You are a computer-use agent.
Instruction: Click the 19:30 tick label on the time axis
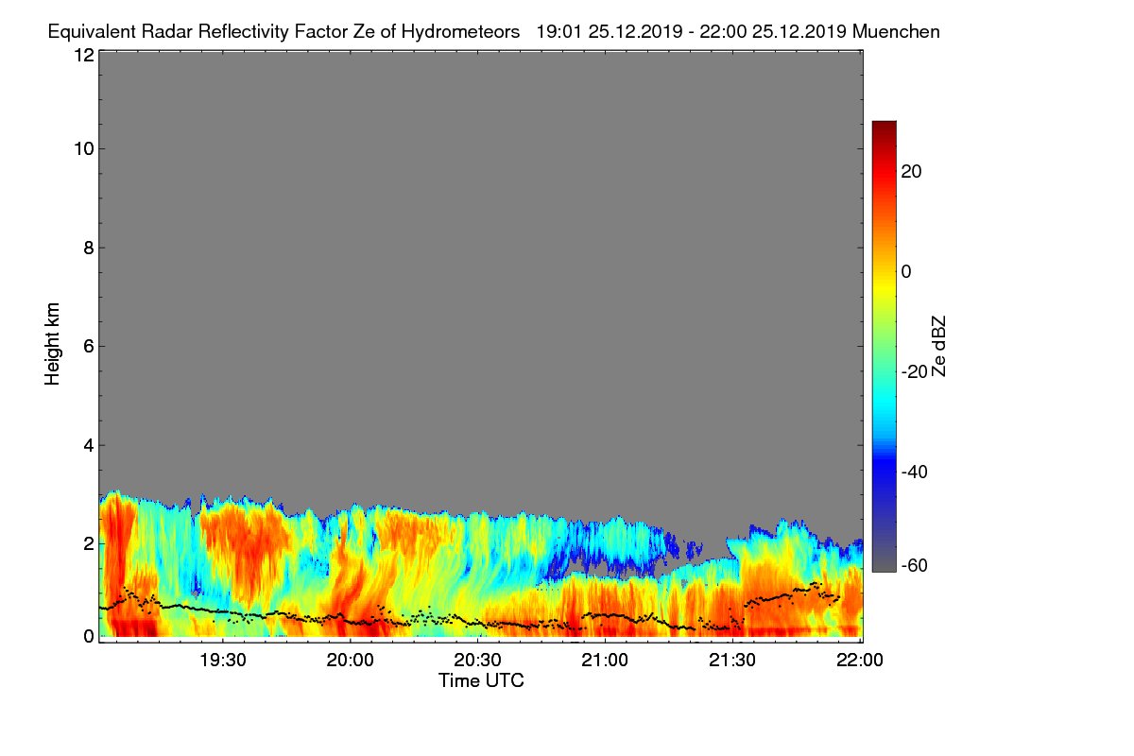223,661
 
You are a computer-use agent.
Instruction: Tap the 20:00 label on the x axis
351,661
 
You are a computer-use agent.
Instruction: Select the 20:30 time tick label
478,661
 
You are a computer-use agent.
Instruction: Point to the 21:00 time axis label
606,661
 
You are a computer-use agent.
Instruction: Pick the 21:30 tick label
733,661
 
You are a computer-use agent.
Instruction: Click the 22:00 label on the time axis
859,661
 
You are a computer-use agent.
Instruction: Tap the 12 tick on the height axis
82,55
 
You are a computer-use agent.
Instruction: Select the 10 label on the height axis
82,148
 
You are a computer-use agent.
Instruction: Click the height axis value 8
88,248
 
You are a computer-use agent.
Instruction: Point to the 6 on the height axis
88,347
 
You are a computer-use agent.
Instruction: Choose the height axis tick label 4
88,445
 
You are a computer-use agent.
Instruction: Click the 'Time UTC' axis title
481,680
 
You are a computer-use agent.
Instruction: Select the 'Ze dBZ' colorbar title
938,346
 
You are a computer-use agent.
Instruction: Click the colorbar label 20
912,171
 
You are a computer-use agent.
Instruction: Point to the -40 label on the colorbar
917,472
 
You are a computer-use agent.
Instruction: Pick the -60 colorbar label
917,566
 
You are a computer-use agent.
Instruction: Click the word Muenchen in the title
896,31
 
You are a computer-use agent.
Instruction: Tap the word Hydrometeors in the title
460,31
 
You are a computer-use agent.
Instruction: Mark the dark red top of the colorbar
884,127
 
